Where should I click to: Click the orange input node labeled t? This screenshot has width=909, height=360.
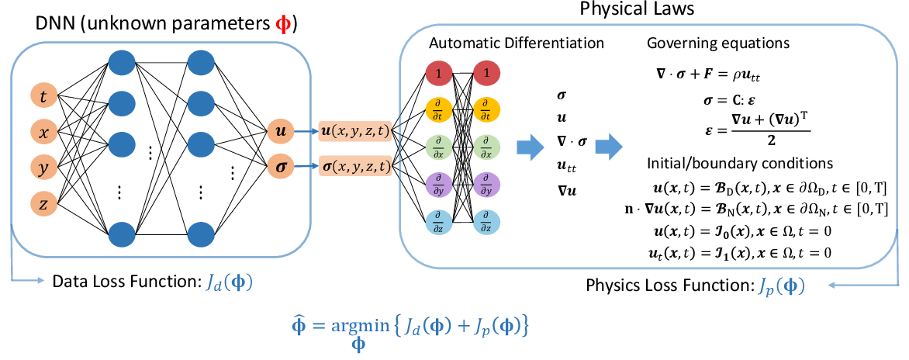click(x=44, y=96)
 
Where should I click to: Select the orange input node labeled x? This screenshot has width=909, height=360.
click(x=44, y=132)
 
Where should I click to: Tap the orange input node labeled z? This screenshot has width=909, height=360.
click(x=44, y=203)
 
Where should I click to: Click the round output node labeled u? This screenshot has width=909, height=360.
click(x=280, y=133)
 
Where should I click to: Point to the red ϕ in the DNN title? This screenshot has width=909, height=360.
click(x=284, y=25)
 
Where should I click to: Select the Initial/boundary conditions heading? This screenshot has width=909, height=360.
click(x=739, y=164)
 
